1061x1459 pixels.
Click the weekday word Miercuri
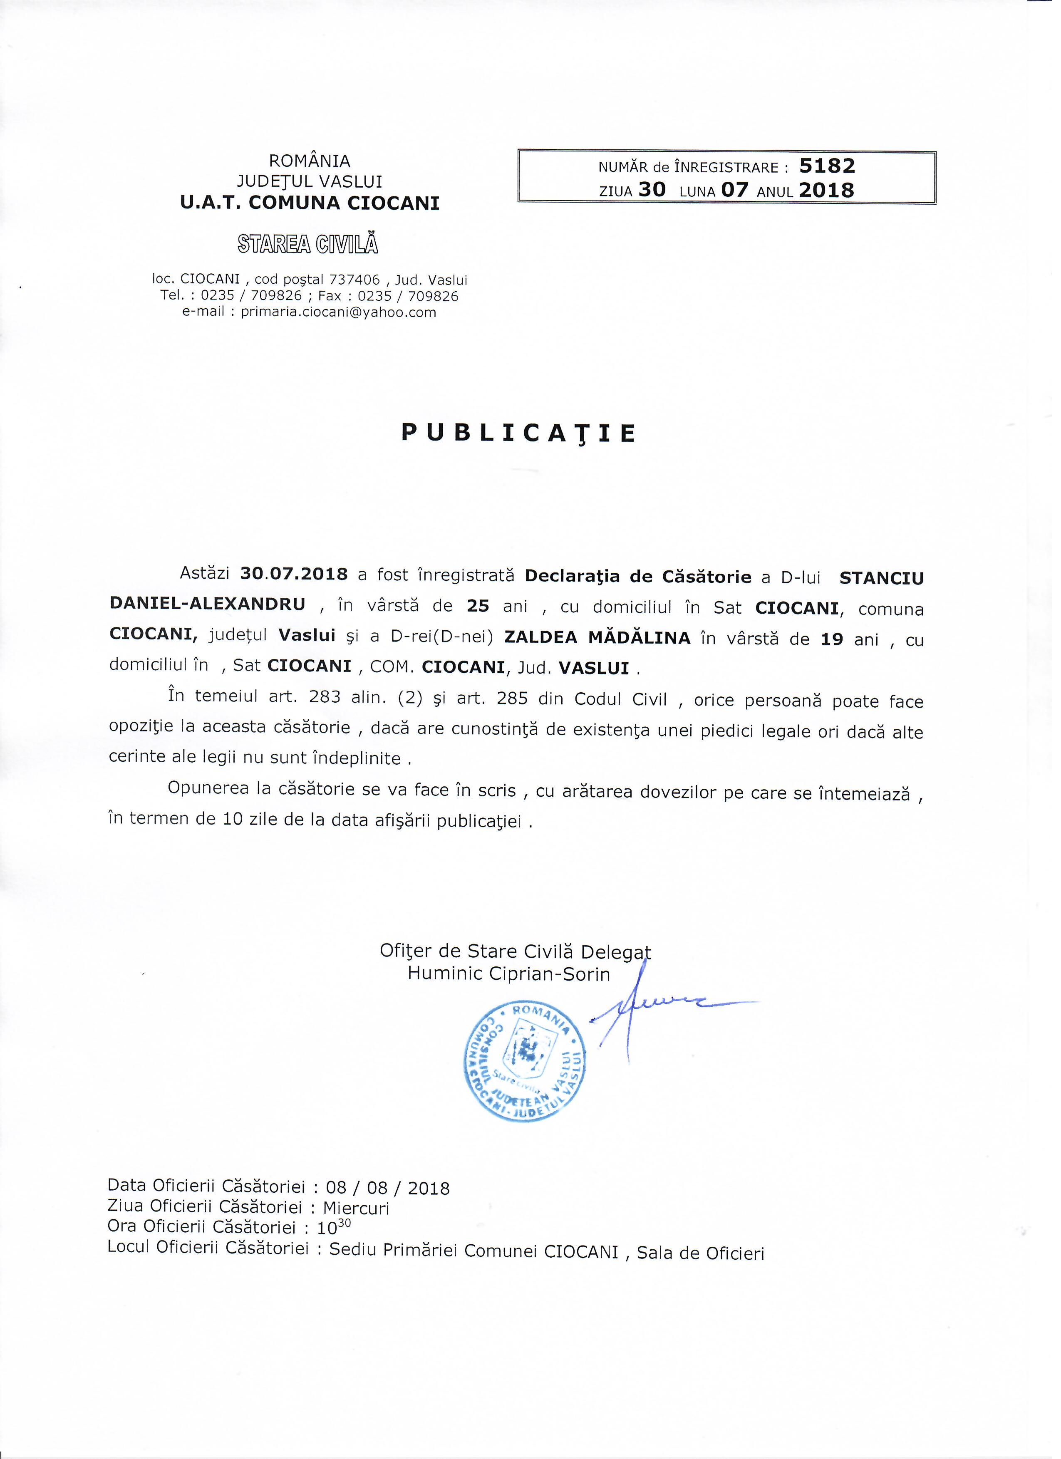tap(357, 1208)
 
